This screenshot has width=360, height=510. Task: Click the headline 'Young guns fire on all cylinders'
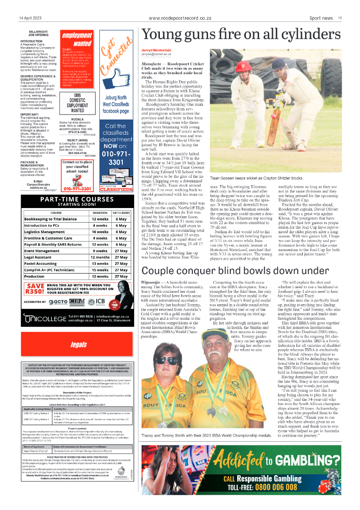[241, 35]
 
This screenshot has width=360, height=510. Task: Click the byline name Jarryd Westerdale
[157, 50]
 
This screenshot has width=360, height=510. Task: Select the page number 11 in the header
[340, 18]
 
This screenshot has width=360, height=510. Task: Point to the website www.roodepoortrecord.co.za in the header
[180, 18]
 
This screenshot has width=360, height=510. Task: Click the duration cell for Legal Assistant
[100, 257]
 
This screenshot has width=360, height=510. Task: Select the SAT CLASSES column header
[121, 213]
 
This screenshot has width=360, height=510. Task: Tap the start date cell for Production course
[121, 276]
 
